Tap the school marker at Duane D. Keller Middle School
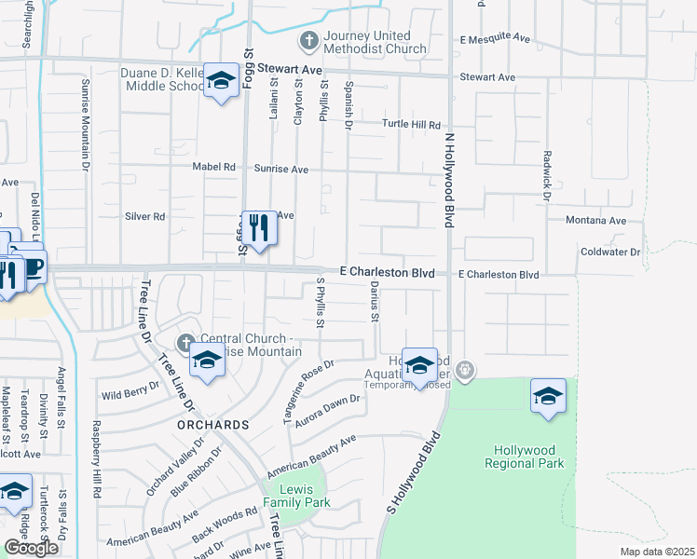click(221, 81)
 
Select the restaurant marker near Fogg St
click(259, 227)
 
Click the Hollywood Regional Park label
click(526, 456)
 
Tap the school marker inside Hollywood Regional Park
click(549, 396)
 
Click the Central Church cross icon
click(186, 341)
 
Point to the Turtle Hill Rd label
click(411, 125)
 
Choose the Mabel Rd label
click(214, 168)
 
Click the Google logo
click(31, 548)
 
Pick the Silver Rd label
click(144, 216)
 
